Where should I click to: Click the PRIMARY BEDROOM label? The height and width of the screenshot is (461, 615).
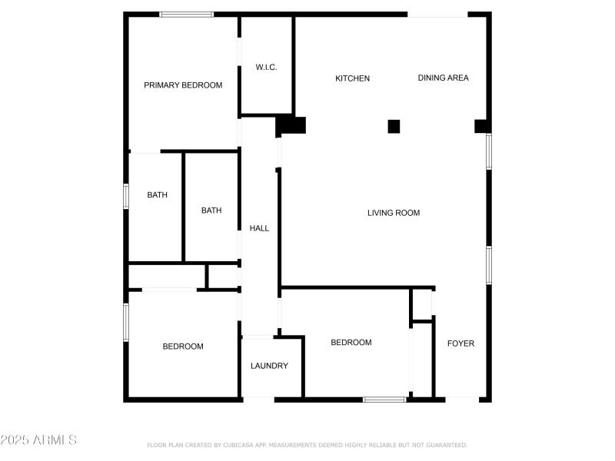click(x=183, y=85)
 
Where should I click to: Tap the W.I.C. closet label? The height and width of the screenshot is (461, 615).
click(x=266, y=67)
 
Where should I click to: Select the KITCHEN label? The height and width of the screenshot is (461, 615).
click(x=352, y=78)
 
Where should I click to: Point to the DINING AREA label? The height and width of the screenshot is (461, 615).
click(x=444, y=78)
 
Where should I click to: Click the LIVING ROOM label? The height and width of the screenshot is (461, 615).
click(x=394, y=213)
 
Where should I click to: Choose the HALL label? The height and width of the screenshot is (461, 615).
click(x=259, y=228)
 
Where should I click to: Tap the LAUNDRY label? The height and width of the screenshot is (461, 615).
click(x=270, y=366)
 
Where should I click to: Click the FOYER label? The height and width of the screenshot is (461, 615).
click(x=460, y=343)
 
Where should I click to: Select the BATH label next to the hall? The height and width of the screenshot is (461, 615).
click(x=211, y=211)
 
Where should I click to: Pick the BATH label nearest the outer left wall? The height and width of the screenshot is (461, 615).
click(x=158, y=195)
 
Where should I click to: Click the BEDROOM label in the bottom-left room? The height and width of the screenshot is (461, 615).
click(x=183, y=347)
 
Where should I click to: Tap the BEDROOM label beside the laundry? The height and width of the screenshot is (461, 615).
click(x=351, y=342)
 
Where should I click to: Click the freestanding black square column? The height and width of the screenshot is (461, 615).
click(x=394, y=127)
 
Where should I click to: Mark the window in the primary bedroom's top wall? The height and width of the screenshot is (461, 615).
click(x=187, y=15)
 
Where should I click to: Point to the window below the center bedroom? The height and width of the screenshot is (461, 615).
click(x=384, y=400)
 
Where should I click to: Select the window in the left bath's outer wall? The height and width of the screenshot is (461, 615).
click(x=126, y=196)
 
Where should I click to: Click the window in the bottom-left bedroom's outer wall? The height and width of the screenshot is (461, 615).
click(x=126, y=322)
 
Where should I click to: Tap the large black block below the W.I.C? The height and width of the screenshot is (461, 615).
click(x=291, y=125)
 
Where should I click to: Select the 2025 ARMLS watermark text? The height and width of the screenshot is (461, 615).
click(x=38, y=439)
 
